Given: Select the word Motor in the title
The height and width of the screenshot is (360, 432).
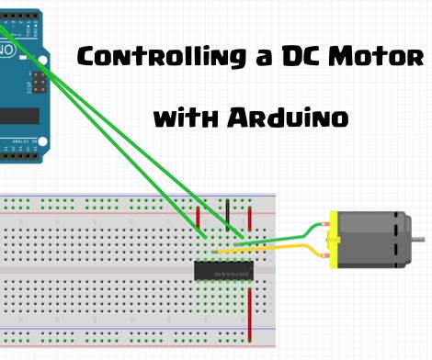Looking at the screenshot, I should (x=380, y=57).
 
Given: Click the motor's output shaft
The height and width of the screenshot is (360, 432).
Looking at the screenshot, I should (x=419, y=240).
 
